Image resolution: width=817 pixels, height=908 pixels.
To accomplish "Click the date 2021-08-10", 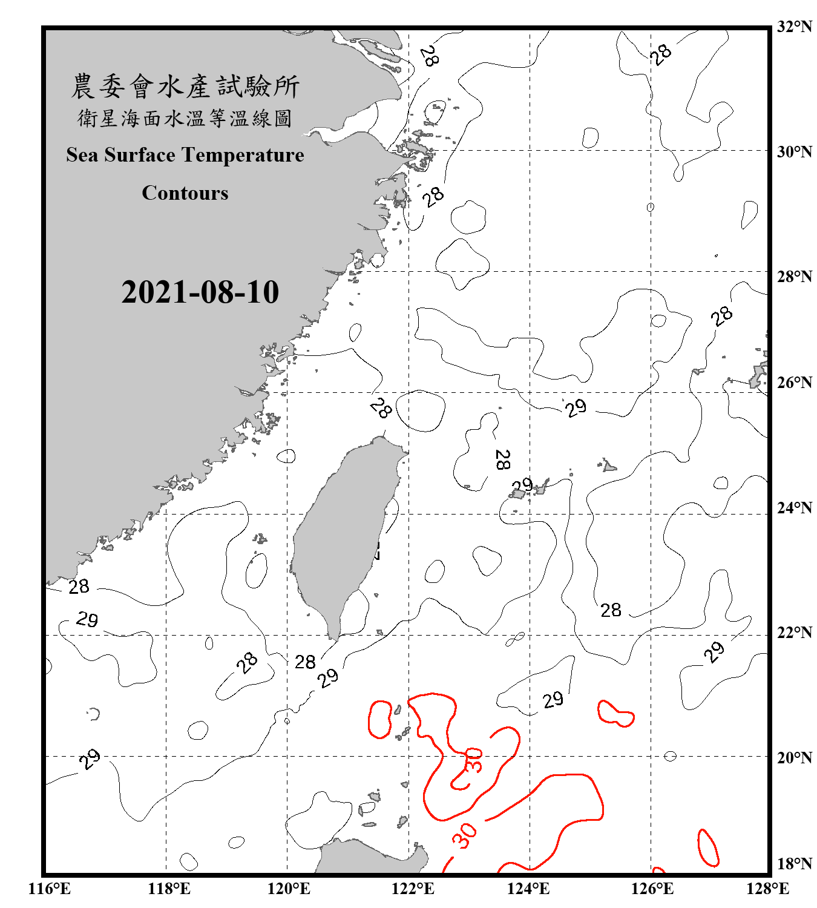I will [x=200, y=292].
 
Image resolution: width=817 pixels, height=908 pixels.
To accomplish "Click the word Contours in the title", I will [x=185, y=193].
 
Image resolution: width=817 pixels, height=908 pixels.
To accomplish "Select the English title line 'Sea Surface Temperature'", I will [x=185, y=155].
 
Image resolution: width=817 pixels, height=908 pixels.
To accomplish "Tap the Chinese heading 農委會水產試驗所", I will [x=185, y=87].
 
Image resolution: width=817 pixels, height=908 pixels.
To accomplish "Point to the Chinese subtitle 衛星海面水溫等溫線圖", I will [x=185, y=118].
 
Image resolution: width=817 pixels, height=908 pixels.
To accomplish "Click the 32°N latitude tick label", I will [x=795, y=27].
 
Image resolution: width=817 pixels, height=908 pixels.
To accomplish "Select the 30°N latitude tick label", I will [x=795, y=152].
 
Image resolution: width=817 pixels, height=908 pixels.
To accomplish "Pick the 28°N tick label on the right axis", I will [x=795, y=277].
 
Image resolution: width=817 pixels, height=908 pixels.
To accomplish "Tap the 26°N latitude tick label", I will [x=795, y=383].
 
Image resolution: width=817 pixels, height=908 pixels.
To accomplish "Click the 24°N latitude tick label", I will [x=795, y=508].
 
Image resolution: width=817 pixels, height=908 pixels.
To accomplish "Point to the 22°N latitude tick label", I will [x=795, y=633].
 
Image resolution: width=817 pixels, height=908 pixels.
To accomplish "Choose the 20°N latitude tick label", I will [x=795, y=757].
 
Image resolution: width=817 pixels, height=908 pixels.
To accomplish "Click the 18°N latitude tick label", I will [x=795, y=864].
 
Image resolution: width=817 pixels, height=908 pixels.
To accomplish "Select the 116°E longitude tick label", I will [x=50, y=889].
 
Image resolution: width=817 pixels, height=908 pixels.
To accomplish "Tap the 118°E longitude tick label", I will [x=169, y=889].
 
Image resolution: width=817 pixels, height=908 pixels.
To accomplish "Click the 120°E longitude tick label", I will [x=289, y=889].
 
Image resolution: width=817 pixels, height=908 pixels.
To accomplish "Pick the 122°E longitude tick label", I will [x=413, y=889].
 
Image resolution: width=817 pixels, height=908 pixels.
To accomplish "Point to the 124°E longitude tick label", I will [x=528, y=889].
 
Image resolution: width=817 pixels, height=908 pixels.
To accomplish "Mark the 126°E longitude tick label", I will [x=652, y=889].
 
